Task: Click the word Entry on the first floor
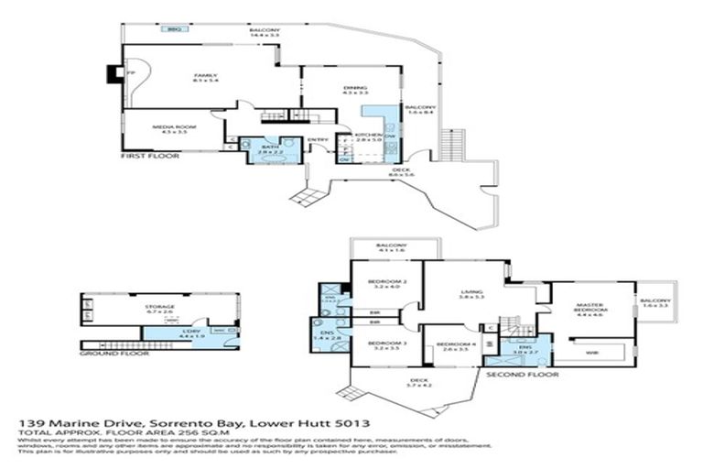pyautogui.click(x=318, y=140)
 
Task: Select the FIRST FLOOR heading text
pyautogui.click(x=150, y=157)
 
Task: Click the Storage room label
pyautogui.click(x=160, y=307)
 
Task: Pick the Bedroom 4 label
pyautogui.click(x=455, y=344)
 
